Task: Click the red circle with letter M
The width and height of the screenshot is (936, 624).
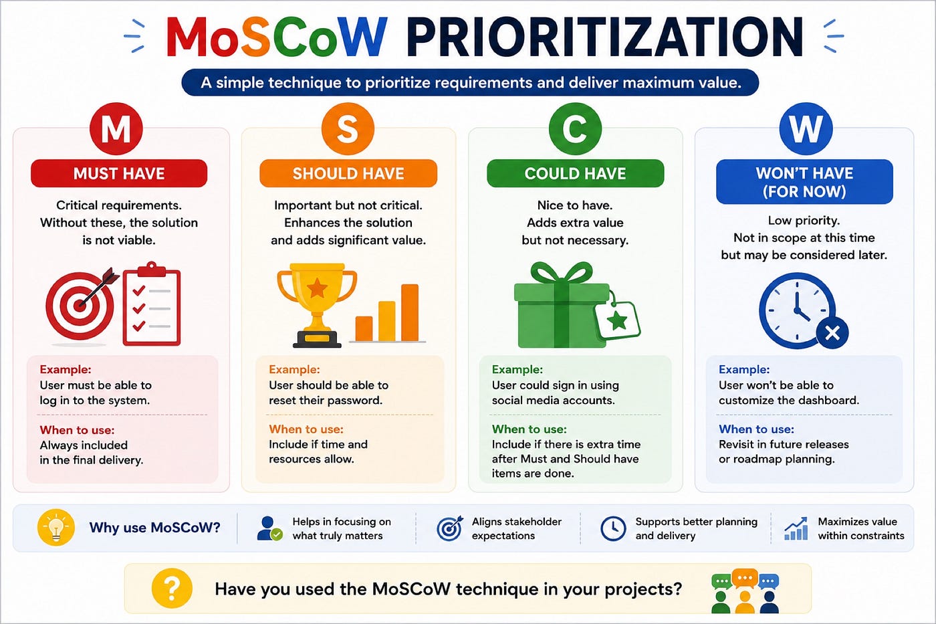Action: coord(116,128)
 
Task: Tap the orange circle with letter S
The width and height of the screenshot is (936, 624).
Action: coord(348,128)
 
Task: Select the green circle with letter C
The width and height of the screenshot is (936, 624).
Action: coord(575,128)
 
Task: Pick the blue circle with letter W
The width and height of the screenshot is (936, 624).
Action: coord(806,128)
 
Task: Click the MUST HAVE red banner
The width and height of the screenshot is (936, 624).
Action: coord(119,173)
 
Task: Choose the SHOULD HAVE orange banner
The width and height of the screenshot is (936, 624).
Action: coord(348,173)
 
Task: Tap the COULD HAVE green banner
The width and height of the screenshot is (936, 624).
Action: coord(575,173)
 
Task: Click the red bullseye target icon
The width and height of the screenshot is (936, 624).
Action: coord(80,305)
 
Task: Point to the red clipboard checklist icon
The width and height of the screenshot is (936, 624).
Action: coord(152,304)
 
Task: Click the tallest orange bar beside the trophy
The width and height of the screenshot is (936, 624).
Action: coord(409,312)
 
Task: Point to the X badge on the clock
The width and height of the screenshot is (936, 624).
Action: coord(832,333)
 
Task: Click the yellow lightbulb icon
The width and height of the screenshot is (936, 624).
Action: coord(56,528)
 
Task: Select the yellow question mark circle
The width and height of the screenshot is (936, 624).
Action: coord(172,588)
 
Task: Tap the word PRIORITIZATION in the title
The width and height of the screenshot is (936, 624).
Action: coord(605,37)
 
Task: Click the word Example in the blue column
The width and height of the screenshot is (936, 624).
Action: coord(743,369)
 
